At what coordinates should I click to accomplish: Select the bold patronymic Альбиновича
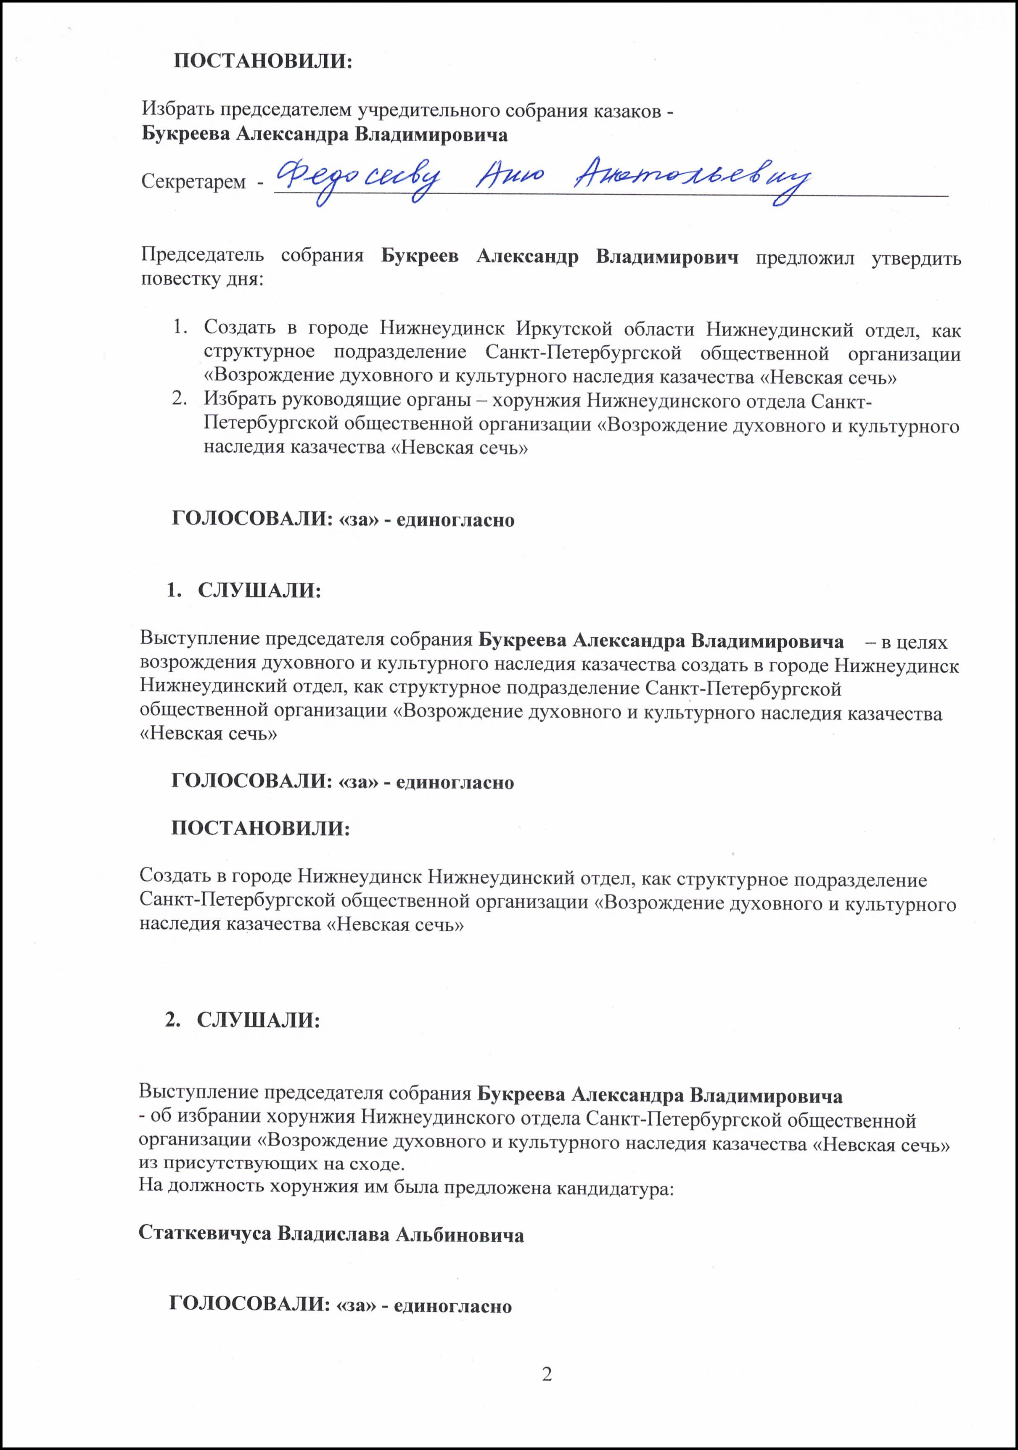[460, 1233]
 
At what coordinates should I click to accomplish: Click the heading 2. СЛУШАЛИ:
[243, 1020]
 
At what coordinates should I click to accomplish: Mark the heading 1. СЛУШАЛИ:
[244, 591]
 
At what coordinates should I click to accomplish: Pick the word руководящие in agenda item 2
[319, 400]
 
